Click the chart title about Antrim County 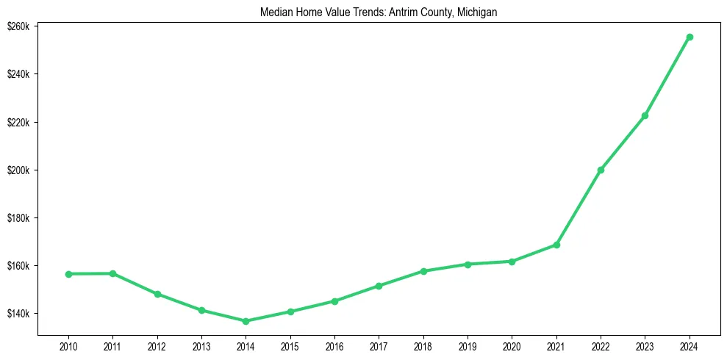coord(379,12)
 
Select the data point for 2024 coord(690,37)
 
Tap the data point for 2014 coord(246,321)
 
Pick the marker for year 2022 coord(601,170)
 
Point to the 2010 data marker coord(68,274)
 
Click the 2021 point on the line coord(556,245)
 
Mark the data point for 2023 coord(645,115)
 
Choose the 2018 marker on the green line coord(423,271)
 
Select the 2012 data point coord(157,294)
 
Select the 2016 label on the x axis coord(334,346)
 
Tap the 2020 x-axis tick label coord(512,346)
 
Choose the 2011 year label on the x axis coord(112,346)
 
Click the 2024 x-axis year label coord(690,346)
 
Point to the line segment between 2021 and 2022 coord(579,207)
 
